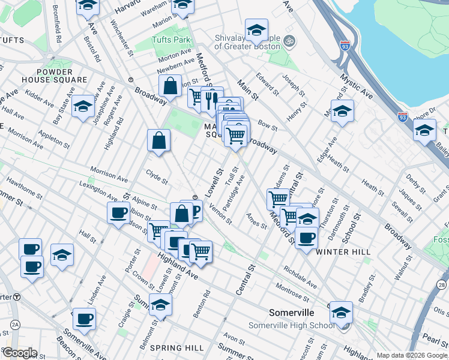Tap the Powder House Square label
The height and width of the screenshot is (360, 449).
62,76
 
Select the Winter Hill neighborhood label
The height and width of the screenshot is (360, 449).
343,251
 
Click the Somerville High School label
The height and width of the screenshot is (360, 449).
291,325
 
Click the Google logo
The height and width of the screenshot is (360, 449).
19,353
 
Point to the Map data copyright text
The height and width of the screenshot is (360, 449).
412,355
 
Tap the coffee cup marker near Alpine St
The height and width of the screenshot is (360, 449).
118,212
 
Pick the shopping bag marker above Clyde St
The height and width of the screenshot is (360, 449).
159,141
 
